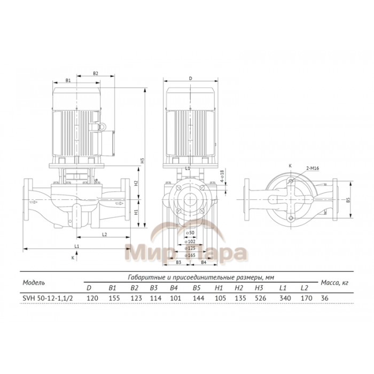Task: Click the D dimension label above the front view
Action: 190,79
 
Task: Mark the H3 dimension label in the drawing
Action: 143,160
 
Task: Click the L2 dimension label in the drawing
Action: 104,234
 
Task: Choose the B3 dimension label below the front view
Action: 180,263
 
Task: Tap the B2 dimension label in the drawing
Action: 96,73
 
